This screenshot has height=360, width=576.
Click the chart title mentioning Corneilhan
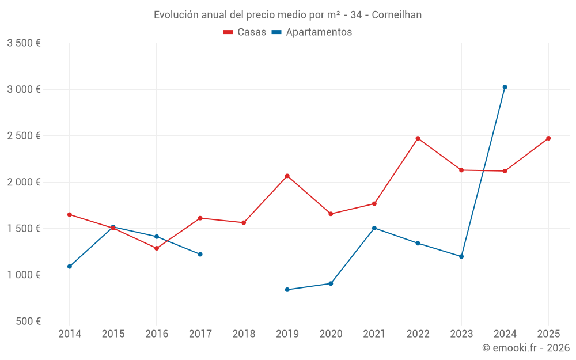point(287,14)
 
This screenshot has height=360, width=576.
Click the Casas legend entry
point(245,32)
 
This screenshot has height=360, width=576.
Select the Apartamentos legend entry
point(312,32)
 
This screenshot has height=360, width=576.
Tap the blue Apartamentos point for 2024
point(505,87)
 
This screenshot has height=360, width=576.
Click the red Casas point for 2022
point(418,138)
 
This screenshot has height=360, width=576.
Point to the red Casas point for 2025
point(548,138)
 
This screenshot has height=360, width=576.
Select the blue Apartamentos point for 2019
point(287,290)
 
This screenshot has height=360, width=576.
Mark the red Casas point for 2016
point(157,248)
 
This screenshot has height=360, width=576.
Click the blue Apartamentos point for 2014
point(70,266)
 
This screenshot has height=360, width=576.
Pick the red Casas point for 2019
point(287,176)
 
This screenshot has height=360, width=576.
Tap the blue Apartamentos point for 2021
point(374,228)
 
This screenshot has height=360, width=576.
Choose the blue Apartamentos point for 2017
point(200,254)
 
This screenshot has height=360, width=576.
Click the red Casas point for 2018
point(244,222)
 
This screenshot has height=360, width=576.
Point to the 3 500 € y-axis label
point(24,43)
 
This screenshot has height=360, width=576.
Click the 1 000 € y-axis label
point(24,275)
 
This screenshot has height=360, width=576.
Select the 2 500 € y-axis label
point(24,136)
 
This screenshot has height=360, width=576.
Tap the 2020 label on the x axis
point(331,334)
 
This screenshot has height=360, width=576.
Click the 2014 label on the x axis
point(70,334)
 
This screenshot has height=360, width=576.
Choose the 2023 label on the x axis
point(461,334)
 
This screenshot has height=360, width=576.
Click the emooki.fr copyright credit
point(525,348)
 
